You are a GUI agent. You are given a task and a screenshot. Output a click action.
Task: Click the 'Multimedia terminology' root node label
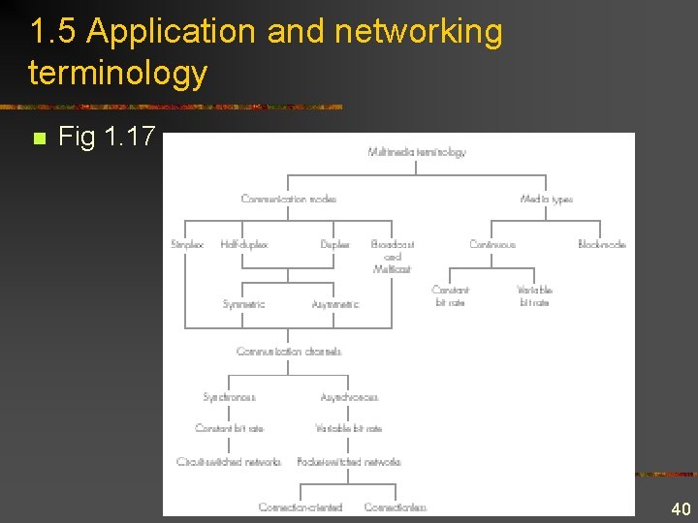pyautogui.click(x=417, y=152)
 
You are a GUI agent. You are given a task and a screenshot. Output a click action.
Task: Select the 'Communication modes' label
pyautogui.click(x=289, y=200)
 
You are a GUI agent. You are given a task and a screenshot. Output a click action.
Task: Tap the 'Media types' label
pyautogui.click(x=546, y=200)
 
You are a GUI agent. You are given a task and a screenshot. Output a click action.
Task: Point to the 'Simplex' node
pyautogui.click(x=187, y=245)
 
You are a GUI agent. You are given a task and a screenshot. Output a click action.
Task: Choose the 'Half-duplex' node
pyautogui.click(x=243, y=245)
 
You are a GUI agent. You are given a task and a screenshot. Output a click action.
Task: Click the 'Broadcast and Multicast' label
pyautogui.click(x=393, y=257)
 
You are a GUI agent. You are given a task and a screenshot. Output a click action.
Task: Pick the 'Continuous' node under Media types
pyautogui.click(x=492, y=245)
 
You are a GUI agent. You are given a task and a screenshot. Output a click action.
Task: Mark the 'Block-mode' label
pyautogui.click(x=601, y=245)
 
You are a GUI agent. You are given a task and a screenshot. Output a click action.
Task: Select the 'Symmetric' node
pyautogui.click(x=243, y=304)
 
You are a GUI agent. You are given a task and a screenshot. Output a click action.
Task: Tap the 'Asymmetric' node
pyautogui.click(x=335, y=304)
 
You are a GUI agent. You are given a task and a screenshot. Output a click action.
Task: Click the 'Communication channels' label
pyautogui.click(x=289, y=352)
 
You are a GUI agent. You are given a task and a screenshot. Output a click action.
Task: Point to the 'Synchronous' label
pyautogui.click(x=229, y=397)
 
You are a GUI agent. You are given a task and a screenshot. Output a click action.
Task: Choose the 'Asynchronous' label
pyautogui.click(x=349, y=397)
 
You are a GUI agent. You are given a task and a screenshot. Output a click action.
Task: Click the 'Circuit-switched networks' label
pyautogui.click(x=229, y=462)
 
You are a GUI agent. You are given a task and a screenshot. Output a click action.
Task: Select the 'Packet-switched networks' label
pyautogui.click(x=349, y=462)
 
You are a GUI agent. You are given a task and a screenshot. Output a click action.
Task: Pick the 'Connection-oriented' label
pyautogui.click(x=301, y=507)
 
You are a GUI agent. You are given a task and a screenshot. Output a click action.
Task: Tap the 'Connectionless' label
pyautogui.click(x=396, y=507)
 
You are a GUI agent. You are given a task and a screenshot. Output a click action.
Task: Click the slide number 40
pyautogui.click(x=681, y=509)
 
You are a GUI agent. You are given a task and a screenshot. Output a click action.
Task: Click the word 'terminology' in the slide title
pyautogui.click(x=118, y=73)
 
